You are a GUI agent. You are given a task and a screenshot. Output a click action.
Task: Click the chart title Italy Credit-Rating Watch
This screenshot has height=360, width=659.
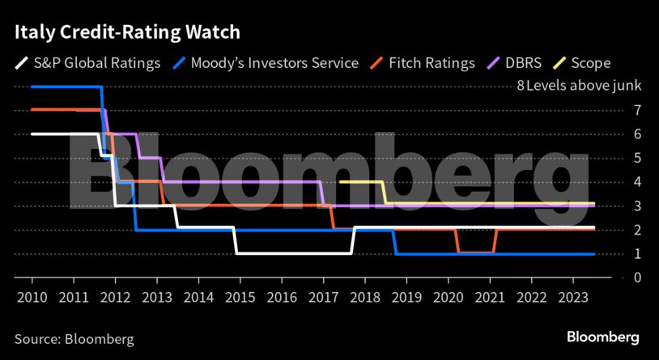click(x=126, y=33)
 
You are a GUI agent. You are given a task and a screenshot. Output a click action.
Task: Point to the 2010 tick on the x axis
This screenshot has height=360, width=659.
click(x=32, y=297)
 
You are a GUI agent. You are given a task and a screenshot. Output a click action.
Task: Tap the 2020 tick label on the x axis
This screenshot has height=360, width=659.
click(x=448, y=297)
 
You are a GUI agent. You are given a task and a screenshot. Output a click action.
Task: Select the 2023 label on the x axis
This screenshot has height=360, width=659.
click(x=572, y=297)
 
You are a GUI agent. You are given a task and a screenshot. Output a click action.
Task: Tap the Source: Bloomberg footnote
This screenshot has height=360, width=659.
click(x=74, y=338)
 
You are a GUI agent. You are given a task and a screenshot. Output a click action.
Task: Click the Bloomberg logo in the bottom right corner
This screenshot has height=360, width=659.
click(x=602, y=337)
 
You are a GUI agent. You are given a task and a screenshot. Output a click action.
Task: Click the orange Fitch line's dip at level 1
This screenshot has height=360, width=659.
click(x=476, y=253)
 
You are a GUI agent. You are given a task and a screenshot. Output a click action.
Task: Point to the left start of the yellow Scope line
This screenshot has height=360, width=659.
click(x=341, y=182)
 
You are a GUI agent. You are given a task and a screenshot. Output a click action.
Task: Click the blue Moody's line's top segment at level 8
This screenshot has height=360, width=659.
click(x=65, y=87)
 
